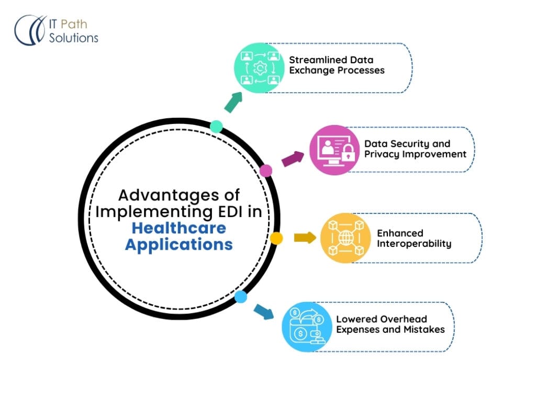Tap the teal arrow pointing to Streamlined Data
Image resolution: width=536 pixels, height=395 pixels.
(x=233, y=102)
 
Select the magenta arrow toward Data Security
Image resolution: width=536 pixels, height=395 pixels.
(x=293, y=159)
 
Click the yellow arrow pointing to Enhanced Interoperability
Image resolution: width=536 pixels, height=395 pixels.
(x=305, y=238)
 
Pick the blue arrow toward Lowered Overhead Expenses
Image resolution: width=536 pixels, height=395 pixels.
(x=264, y=311)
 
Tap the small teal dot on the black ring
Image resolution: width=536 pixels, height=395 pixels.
(x=216, y=127)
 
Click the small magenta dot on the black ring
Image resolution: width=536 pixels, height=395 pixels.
(x=266, y=171)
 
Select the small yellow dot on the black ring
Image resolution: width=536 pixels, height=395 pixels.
(x=276, y=238)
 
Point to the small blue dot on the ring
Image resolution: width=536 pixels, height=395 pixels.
(x=241, y=297)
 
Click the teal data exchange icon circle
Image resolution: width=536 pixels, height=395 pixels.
(x=259, y=67)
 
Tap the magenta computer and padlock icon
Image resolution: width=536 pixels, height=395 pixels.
(x=334, y=150)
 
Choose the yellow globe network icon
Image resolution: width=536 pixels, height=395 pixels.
(x=345, y=238)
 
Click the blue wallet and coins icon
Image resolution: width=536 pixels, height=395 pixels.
(x=307, y=326)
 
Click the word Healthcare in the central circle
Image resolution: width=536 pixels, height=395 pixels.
(x=179, y=228)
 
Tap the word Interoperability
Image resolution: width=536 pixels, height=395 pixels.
(x=414, y=244)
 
